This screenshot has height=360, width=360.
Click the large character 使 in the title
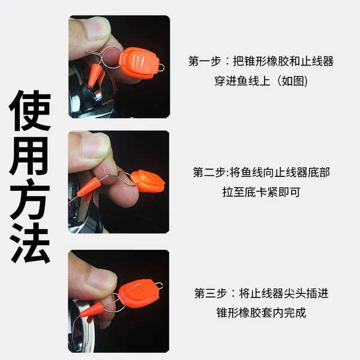pos(30,110)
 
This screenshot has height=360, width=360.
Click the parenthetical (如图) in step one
pos(292,81)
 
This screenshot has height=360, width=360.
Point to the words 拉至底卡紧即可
pos(261,192)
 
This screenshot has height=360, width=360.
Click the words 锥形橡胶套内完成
pos(261,313)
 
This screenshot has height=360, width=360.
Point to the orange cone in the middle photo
pos(89,187)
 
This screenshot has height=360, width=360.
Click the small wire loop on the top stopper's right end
pos(162,67)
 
